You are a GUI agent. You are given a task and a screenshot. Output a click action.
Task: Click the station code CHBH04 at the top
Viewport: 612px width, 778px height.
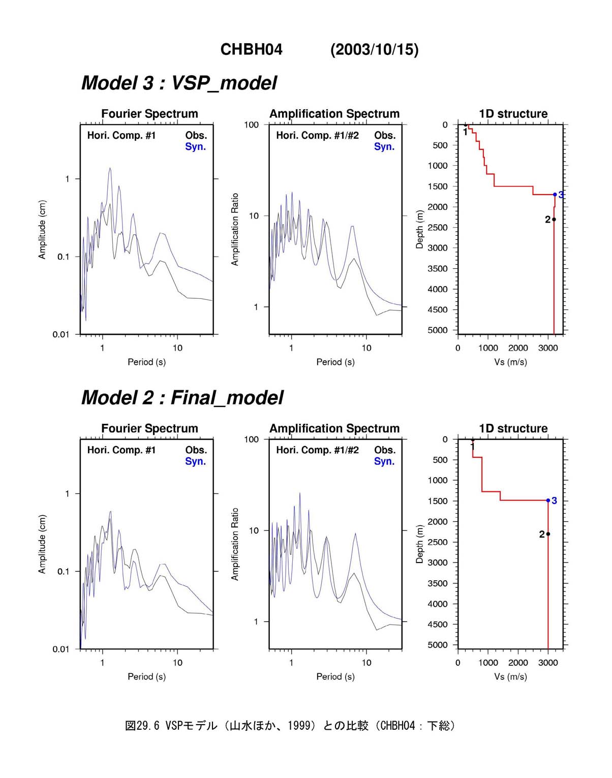click(x=252, y=49)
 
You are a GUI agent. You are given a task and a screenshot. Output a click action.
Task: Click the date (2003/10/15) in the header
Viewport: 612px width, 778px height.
click(x=374, y=49)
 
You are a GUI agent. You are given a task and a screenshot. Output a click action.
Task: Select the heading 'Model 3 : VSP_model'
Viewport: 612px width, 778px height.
click(x=179, y=83)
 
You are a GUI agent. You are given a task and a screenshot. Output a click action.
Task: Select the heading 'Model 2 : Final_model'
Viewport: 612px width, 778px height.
click(x=182, y=398)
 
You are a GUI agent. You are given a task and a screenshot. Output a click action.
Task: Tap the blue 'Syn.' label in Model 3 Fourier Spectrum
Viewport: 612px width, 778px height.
click(x=195, y=147)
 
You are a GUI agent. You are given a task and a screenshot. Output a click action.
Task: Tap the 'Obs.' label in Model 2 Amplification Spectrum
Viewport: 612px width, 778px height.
click(x=385, y=450)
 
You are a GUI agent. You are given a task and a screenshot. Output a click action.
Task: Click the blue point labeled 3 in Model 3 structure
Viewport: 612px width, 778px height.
click(x=555, y=195)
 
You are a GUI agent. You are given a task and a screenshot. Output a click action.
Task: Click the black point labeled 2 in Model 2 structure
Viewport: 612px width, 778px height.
click(x=548, y=534)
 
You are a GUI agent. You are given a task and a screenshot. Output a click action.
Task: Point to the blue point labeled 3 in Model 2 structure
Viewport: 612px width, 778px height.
click(x=548, y=501)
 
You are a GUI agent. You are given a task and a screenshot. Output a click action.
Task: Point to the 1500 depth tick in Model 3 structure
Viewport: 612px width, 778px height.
click(x=440, y=186)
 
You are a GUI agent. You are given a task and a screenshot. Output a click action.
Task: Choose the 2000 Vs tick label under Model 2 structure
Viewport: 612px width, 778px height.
click(x=518, y=663)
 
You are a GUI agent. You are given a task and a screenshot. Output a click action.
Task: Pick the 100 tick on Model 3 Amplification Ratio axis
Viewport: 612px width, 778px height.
click(x=252, y=125)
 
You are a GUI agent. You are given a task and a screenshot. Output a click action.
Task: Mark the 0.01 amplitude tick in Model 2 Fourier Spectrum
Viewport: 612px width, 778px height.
click(x=61, y=649)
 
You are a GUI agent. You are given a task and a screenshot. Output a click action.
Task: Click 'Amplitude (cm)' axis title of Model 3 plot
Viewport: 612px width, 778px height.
click(x=42, y=230)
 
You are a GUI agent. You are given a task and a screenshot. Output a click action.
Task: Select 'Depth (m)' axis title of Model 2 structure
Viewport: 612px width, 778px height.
click(x=419, y=544)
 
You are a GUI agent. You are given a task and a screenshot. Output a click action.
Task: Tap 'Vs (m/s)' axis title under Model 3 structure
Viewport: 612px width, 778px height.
click(x=510, y=362)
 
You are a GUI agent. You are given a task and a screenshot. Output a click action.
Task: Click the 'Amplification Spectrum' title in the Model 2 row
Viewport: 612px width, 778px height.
click(x=334, y=428)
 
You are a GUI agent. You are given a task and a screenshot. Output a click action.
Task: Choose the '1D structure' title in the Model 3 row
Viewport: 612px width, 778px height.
click(x=513, y=114)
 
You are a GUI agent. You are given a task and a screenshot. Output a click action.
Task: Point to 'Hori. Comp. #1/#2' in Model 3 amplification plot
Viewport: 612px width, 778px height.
click(x=318, y=136)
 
